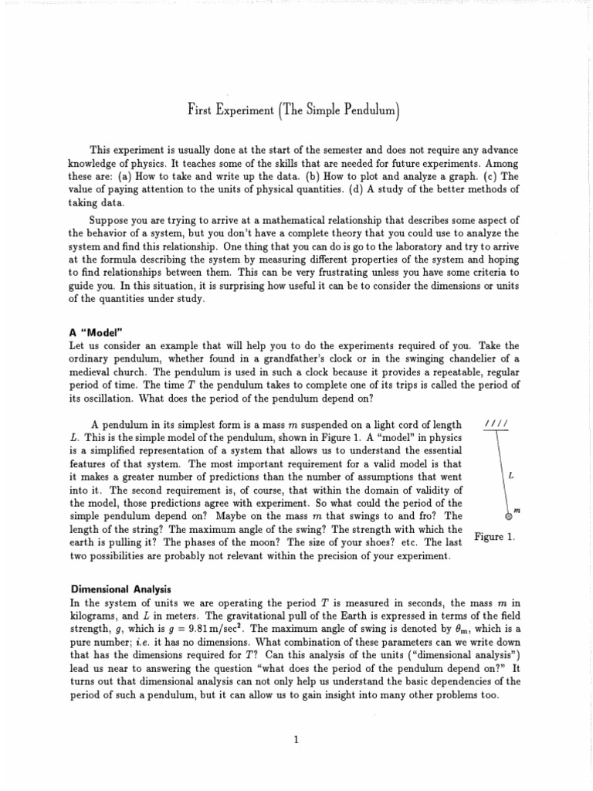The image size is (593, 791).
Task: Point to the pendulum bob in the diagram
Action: [x=508, y=515]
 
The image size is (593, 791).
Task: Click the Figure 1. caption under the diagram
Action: [x=494, y=537]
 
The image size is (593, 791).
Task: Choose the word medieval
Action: [x=90, y=372]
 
